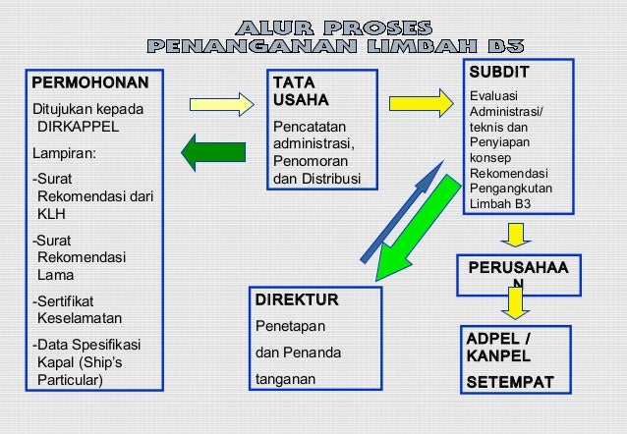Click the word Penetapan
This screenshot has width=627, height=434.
pos(291,325)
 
